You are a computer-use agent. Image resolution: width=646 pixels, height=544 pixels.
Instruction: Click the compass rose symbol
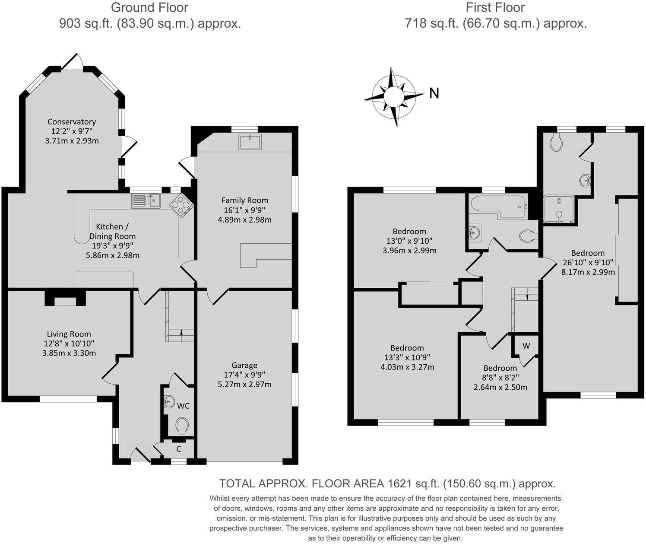coord(393,96)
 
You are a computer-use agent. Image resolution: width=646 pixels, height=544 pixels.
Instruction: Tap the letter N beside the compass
coord(434,93)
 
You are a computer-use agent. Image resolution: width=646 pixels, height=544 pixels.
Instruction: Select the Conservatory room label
coord(72,122)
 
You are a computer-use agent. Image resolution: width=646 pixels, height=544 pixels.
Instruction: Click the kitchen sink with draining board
coord(146,201)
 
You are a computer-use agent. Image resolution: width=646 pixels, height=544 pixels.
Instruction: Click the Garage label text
coord(244,366)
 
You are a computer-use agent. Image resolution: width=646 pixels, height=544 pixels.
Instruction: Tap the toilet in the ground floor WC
coord(182,426)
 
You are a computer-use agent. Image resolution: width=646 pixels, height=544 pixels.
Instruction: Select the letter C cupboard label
coord(178,449)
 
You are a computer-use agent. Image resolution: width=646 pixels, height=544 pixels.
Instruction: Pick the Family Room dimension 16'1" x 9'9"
coord(245,210)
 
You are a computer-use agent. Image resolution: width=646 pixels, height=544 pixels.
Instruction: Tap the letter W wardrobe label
coord(526,346)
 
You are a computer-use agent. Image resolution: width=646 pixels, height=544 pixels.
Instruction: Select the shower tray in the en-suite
coord(559,210)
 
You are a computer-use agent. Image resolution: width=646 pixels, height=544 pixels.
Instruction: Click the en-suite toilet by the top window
coord(556,141)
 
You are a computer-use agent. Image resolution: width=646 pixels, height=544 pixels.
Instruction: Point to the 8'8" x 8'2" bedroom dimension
coord(500,378)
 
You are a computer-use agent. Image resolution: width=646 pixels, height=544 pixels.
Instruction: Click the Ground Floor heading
coord(150,7)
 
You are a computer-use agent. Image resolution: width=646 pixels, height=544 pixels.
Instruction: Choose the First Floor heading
coord(495,7)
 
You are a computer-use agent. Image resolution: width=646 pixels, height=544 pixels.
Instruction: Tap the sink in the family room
coord(250,142)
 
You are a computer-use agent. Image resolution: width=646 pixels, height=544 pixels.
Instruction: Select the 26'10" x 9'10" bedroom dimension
coord(588,263)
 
